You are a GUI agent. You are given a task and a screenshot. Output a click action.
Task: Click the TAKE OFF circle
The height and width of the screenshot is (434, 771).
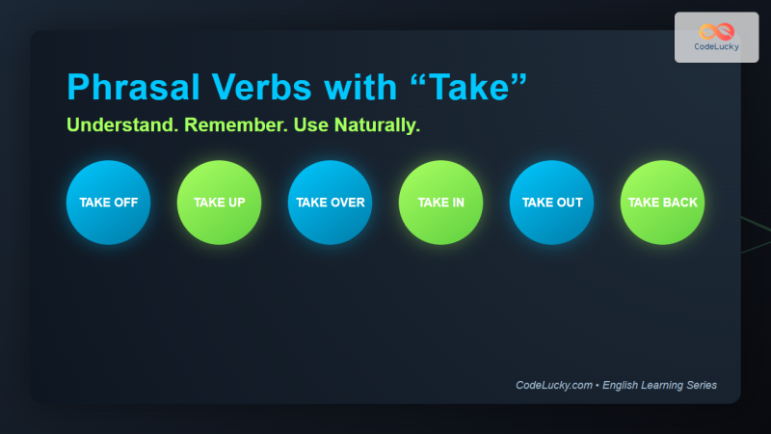pyautogui.click(x=108, y=203)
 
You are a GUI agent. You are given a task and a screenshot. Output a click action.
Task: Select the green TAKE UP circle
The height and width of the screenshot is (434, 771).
pyautogui.click(x=219, y=203)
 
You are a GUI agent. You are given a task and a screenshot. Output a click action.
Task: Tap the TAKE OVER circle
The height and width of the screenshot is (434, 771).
pyautogui.click(x=330, y=203)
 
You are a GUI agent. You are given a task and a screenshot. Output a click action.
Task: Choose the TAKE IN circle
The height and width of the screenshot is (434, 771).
pyautogui.click(x=440, y=203)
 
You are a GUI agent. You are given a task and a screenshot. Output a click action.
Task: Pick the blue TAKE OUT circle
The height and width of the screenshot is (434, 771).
pyautogui.click(x=551, y=203)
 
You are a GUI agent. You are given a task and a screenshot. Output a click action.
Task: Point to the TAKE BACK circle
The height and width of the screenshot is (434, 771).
pyautogui.click(x=662, y=203)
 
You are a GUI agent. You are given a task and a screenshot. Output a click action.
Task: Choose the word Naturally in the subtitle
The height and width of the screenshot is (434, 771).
pyautogui.click(x=376, y=126)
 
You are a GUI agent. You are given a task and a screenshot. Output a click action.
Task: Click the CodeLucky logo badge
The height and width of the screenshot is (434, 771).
pyautogui.click(x=716, y=38)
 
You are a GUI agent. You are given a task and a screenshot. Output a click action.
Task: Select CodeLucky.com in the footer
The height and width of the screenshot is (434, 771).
pyautogui.click(x=554, y=385)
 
